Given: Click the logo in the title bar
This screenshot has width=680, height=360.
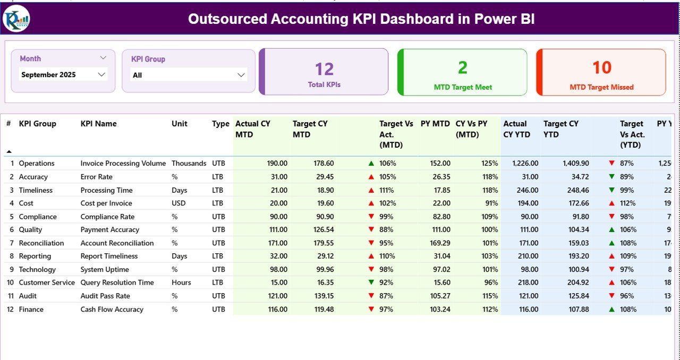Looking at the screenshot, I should (16, 19).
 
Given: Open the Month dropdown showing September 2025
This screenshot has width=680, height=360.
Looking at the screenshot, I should (63, 75).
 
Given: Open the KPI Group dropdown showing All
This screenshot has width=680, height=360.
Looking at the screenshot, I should (189, 75).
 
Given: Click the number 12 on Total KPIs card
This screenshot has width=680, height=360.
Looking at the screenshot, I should (324, 69).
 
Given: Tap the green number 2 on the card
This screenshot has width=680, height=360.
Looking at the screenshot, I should (463, 67).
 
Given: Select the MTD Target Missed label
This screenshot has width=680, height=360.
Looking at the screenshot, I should (601, 87).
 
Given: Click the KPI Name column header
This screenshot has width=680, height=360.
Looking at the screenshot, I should (98, 124).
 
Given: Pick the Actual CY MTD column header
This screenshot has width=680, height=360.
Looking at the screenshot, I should (253, 129).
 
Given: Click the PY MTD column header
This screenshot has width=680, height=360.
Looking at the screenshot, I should (435, 124).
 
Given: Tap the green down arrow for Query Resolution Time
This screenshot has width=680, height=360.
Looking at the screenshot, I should (371, 282).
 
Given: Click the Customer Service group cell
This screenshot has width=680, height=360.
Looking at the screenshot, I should (47, 282).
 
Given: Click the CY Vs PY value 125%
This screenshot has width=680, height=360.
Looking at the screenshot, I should (489, 164).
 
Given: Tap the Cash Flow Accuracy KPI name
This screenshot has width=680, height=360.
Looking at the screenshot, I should (112, 309).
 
